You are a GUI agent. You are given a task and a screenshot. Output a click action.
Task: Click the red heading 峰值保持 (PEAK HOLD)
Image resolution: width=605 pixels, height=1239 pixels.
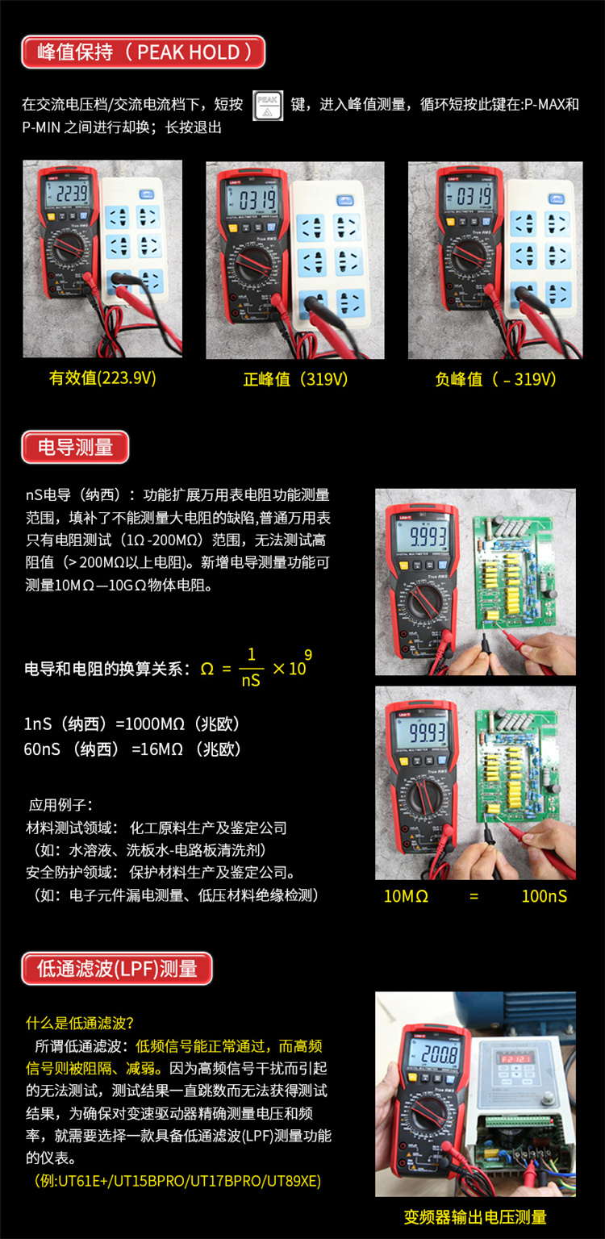(143, 52)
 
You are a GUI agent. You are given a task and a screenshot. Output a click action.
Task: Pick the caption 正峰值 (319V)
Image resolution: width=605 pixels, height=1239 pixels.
(296, 379)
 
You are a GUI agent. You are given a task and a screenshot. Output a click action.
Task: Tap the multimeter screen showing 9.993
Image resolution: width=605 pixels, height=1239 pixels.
(425, 537)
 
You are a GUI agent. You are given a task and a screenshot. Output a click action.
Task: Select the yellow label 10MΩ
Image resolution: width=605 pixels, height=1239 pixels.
(406, 896)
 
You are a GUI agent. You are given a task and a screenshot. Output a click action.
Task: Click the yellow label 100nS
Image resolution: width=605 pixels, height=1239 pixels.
(544, 896)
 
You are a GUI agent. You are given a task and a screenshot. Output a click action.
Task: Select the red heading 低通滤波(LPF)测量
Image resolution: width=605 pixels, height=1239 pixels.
(117, 969)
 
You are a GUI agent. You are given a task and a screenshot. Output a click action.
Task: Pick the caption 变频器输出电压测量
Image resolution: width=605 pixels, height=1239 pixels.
(475, 1217)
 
